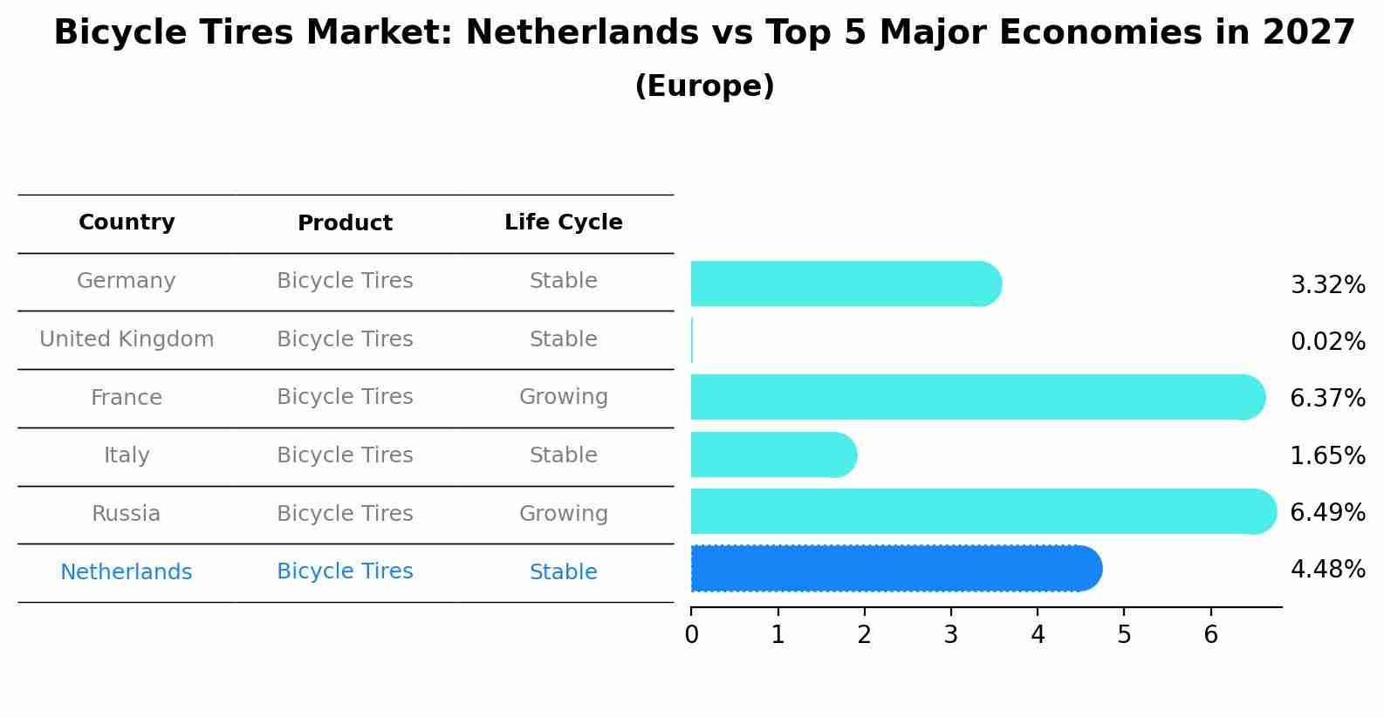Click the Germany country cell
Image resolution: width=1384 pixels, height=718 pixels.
point(127,281)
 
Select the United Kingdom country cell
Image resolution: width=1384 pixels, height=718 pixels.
point(127,339)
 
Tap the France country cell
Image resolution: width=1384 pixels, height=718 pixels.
point(127,398)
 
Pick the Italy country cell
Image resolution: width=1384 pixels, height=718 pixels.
point(127,455)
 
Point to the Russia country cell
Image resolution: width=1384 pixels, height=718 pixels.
point(127,514)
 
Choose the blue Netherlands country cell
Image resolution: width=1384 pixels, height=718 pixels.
point(127,572)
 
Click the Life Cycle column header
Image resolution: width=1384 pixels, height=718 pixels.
point(564,222)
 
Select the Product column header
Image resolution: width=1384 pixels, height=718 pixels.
point(345,223)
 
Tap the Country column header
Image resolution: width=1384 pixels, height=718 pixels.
point(127,222)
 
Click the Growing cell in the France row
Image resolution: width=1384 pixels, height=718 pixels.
point(564,397)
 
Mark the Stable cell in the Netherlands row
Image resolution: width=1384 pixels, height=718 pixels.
point(564,572)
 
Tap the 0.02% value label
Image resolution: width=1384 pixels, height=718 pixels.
point(1327,342)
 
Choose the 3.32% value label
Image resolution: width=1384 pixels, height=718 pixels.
point(1327,285)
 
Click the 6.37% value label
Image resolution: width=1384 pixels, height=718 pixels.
point(1327,399)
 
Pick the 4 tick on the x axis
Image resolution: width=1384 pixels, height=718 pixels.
point(1038,635)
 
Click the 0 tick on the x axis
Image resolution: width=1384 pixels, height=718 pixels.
point(692,635)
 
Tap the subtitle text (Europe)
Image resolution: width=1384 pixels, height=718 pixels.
point(704,86)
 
